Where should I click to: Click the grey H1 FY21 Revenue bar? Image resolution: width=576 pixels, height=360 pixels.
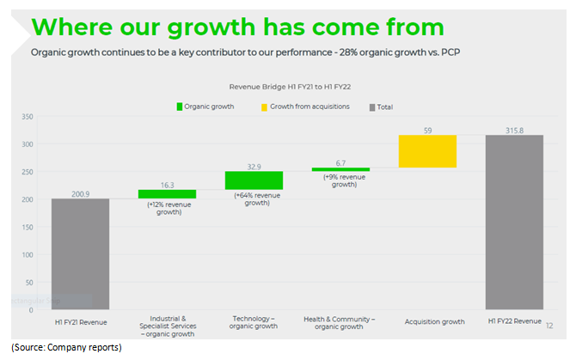[x=79, y=253]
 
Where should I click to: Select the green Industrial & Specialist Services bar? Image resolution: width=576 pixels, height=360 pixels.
[x=167, y=194]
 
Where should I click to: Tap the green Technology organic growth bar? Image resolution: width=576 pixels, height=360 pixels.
[x=254, y=180]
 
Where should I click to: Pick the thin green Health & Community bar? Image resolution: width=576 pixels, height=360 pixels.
[x=340, y=169]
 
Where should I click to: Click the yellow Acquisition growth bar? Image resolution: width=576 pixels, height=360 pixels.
[x=427, y=151]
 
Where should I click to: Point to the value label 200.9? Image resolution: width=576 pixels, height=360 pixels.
[x=79, y=192]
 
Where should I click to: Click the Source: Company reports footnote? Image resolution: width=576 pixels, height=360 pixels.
[x=66, y=347]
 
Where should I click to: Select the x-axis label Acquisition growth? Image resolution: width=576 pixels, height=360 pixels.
[x=427, y=321]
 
